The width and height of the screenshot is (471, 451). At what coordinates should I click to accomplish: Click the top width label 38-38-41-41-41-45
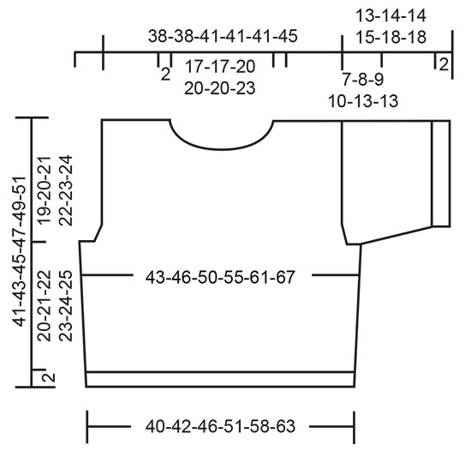coord(222,37)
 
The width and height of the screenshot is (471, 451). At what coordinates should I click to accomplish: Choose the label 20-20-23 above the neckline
coord(220,87)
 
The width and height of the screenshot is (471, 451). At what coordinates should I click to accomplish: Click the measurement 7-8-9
coord(362,80)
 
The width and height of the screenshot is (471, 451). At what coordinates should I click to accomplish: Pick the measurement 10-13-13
coord(362,101)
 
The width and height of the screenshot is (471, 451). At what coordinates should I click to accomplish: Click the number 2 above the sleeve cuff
coord(443,63)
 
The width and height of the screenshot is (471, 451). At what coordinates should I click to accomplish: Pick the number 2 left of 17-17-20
coord(164,74)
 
